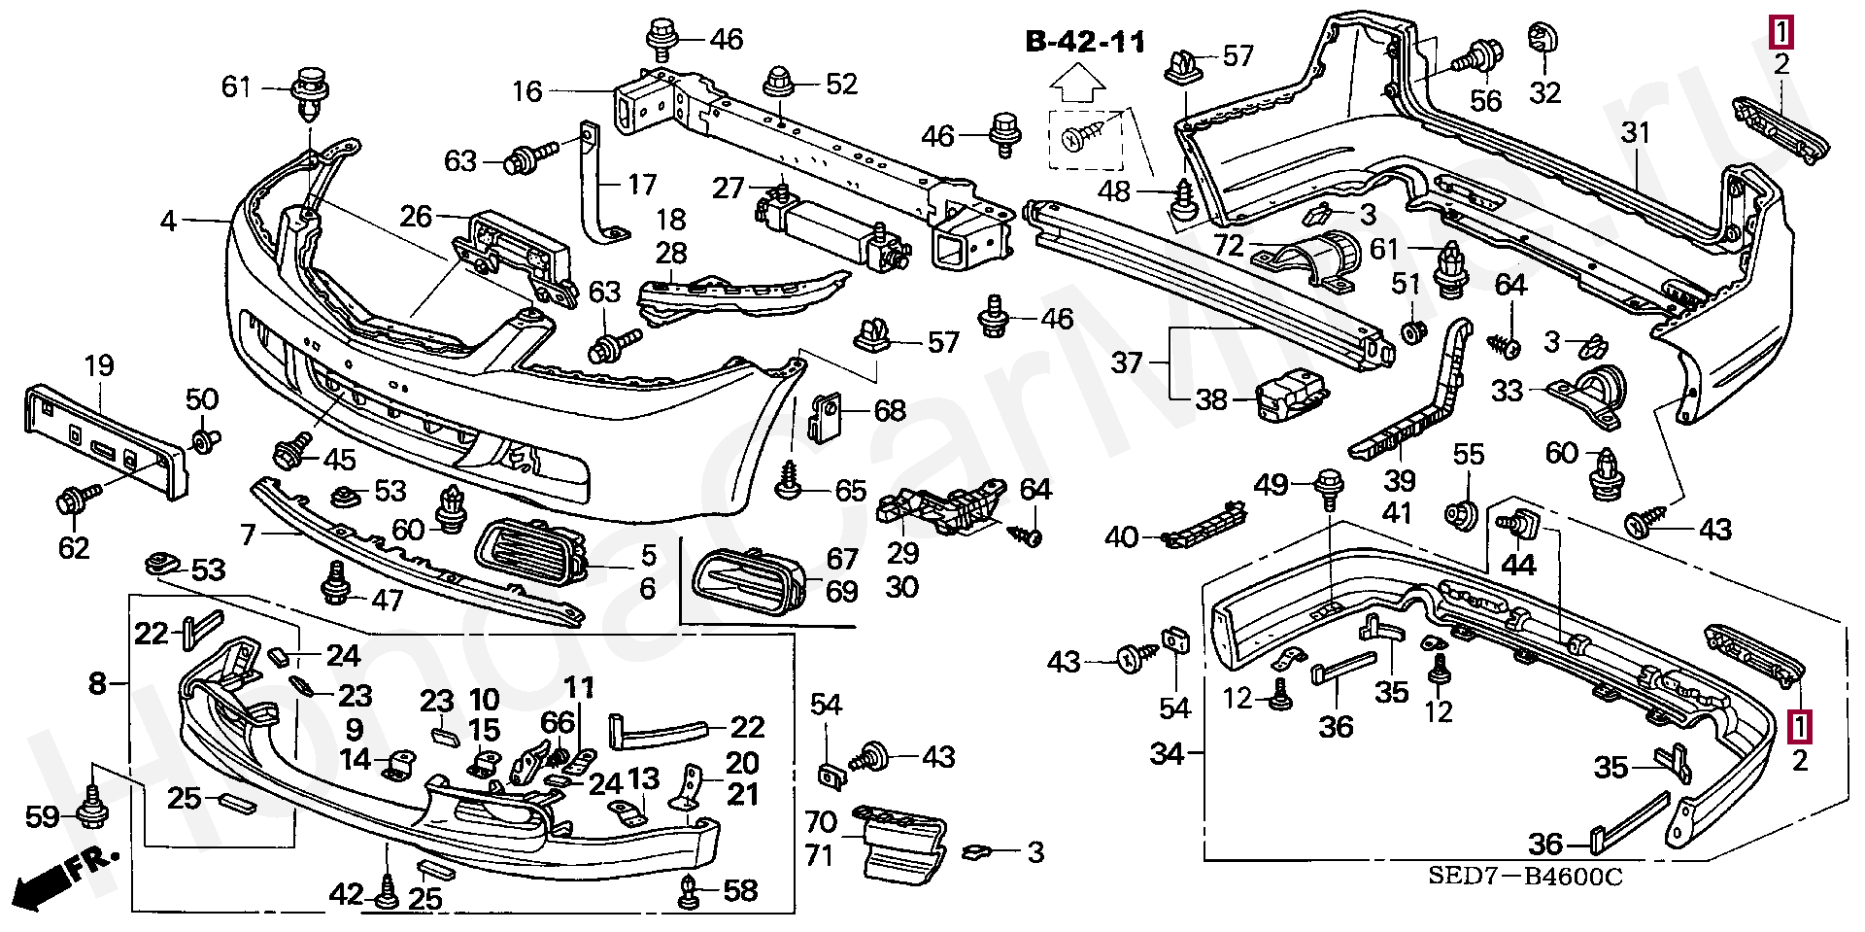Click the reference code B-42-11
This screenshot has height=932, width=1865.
coord(1085,42)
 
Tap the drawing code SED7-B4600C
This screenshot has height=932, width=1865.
coord(1525,876)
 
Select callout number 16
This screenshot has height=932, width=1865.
coord(527,91)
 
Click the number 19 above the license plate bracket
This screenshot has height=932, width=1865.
coord(99,366)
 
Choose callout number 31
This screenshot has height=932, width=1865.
coord(1637,132)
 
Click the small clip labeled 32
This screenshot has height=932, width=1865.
coord(1541,39)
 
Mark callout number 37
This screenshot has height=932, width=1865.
coord(1127,363)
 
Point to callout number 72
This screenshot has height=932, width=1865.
coord(1229,245)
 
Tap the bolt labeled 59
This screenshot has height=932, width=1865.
coord(92,807)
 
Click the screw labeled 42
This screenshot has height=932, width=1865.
coord(387,892)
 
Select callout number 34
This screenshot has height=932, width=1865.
coord(1167,753)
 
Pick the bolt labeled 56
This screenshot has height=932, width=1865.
coord(1475,57)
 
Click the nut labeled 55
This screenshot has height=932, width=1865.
coord(1459,512)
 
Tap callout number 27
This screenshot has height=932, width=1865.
coord(729,188)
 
